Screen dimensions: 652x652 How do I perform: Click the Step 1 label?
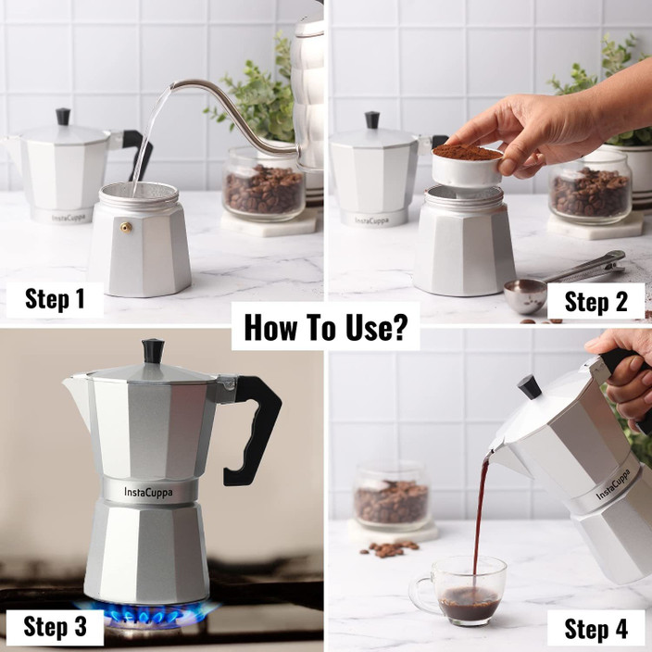tap(54, 298)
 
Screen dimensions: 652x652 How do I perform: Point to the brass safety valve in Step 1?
tap(126, 226)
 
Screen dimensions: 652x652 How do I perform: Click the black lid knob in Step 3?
tap(153, 350)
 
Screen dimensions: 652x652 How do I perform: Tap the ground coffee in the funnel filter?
tap(467, 151)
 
